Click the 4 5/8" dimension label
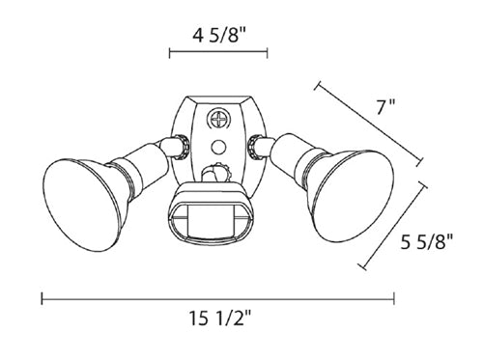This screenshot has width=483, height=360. (x=219, y=36)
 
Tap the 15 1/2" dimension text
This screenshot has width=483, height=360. (x=219, y=318)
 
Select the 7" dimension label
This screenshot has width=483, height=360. (x=386, y=106)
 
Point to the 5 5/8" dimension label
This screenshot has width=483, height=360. (x=427, y=241)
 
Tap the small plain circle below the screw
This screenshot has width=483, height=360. (x=218, y=148)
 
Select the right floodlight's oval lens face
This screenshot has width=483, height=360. (x=355, y=195)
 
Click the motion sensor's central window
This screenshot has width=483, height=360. (x=210, y=221)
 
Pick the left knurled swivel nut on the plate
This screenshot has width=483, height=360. (x=183, y=147)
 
